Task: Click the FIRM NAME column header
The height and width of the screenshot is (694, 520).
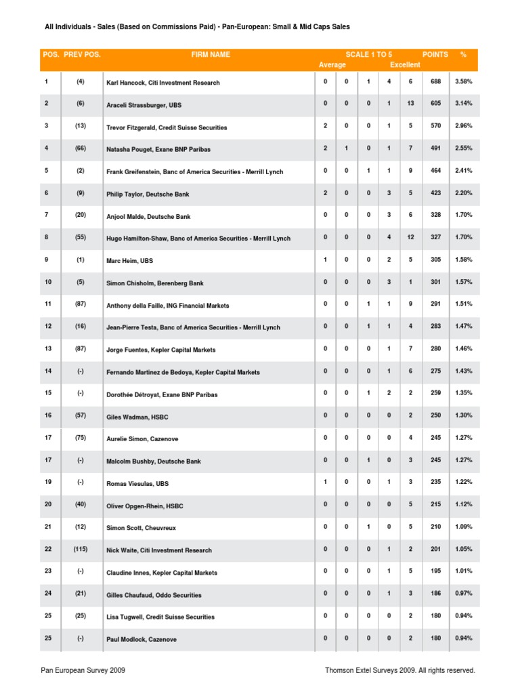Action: (x=211, y=54)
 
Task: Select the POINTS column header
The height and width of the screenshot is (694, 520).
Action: (x=435, y=54)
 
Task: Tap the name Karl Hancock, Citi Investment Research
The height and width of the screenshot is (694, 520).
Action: (x=162, y=83)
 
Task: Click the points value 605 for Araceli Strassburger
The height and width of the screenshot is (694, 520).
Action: (x=435, y=104)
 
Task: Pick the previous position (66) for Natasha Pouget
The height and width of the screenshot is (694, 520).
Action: (x=80, y=148)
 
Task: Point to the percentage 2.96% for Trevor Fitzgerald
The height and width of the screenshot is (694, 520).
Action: (x=463, y=126)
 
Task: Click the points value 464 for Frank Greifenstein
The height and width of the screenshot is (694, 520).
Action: (x=435, y=171)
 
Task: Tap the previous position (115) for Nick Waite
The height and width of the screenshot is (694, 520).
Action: (x=80, y=550)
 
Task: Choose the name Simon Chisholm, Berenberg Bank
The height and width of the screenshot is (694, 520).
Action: (x=156, y=283)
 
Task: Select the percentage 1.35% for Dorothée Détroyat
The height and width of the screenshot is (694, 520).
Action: (x=463, y=393)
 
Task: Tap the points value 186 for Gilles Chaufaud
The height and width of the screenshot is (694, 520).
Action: (x=435, y=594)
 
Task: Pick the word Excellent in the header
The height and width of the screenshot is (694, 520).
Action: (x=405, y=65)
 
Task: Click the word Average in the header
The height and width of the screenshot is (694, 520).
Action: (x=331, y=65)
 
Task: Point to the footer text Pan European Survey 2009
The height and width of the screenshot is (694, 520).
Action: (x=83, y=670)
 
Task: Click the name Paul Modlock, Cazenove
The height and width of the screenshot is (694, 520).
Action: (x=141, y=639)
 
